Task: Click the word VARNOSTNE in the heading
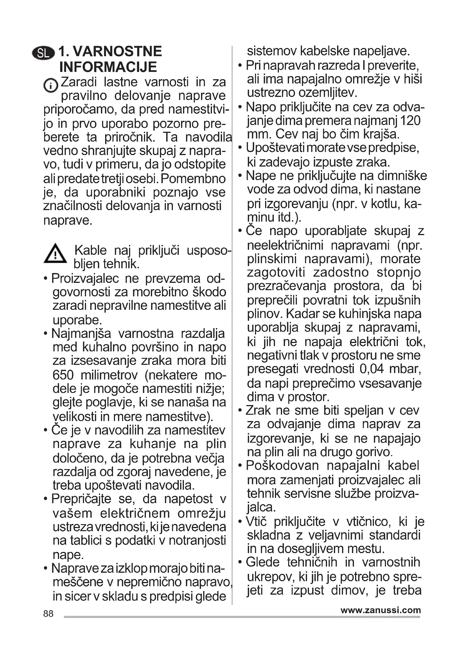pos(118,51)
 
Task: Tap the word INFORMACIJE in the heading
pos(108,67)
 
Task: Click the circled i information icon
pos(50,85)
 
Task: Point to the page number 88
pos(48,613)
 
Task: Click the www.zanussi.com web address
pos(381,610)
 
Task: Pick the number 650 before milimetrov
pos(63,375)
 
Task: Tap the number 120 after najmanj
pos(410,121)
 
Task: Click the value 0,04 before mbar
pos(372,369)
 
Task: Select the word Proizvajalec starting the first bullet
pos(85,278)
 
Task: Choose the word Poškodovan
pos(282,465)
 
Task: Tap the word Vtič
pos(256,522)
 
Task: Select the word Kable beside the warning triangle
pos(90,250)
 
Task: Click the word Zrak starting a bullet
pos(258,411)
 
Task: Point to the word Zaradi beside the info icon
pos(79,82)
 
